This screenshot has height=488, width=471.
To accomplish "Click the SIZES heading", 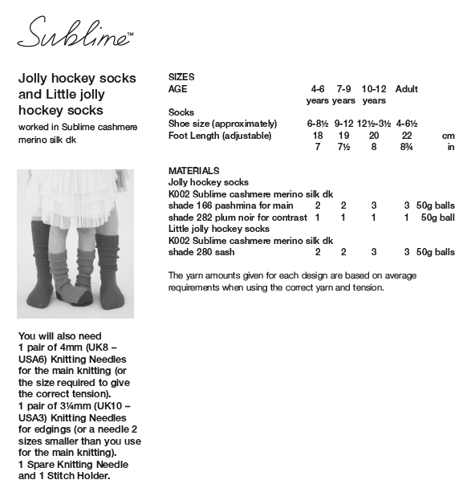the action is [181, 77].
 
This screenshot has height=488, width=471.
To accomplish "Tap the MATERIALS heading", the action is [194, 171].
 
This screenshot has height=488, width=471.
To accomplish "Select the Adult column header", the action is [407, 89].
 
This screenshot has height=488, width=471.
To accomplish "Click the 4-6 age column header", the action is [319, 89].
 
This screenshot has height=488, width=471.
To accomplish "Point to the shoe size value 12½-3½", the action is [374, 124].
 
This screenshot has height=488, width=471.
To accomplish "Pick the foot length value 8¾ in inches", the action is [407, 147].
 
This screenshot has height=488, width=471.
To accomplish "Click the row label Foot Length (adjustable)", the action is [220, 136].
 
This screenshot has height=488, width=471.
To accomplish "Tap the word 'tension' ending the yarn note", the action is [367, 287].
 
